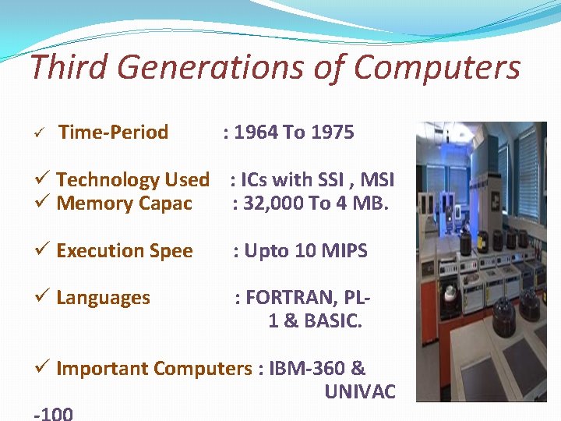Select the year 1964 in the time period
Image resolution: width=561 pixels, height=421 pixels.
(x=256, y=133)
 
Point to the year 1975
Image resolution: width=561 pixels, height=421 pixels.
(x=332, y=133)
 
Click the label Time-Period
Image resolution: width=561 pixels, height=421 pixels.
(x=114, y=133)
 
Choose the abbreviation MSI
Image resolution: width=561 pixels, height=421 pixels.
(x=377, y=180)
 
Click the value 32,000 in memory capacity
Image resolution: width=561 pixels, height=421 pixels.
(x=272, y=204)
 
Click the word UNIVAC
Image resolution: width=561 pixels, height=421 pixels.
(x=360, y=391)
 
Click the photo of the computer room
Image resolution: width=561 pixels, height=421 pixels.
(x=481, y=261)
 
